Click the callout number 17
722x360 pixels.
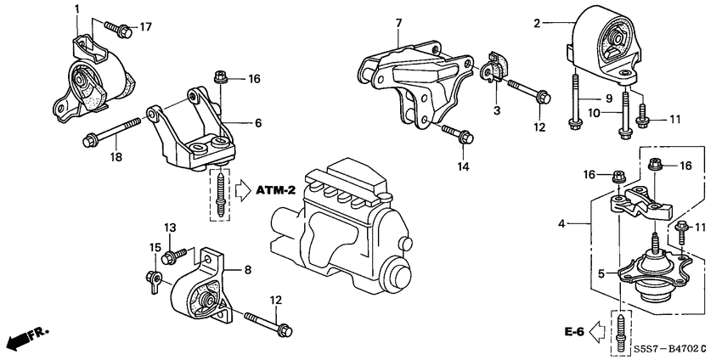point(146,26)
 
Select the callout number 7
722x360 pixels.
point(396,21)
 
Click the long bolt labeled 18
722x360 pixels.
point(110,132)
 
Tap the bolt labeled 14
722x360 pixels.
point(454,132)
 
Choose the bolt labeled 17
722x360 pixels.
point(118,31)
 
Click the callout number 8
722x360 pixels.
point(248,270)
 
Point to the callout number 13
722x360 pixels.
point(169,228)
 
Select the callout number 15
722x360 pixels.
point(155,247)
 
